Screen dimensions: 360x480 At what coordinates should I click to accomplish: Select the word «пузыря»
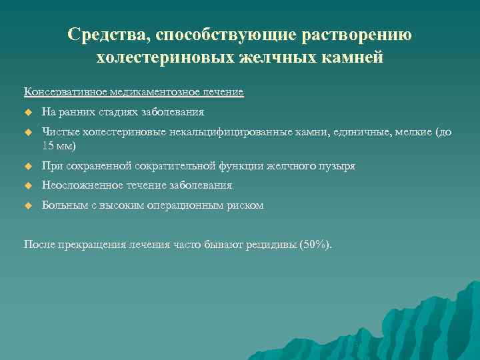click(337, 165)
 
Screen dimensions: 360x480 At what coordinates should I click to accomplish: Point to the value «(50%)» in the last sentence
click(313, 244)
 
